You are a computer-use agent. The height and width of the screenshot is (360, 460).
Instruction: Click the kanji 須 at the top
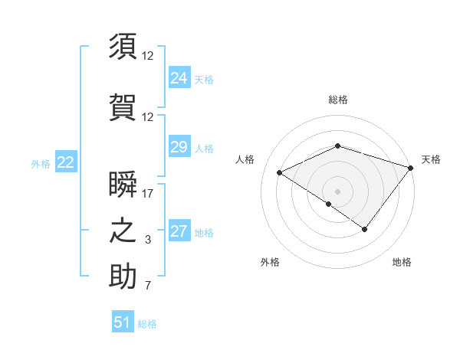(x=123, y=46)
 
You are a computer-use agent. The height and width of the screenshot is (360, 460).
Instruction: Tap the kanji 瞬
(x=123, y=184)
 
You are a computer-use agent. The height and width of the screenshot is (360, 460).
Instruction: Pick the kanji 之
(x=123, y=231)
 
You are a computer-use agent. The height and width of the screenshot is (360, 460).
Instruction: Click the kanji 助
(x=123, y=277)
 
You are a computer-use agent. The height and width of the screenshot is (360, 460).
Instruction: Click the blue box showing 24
(x=179, y=78)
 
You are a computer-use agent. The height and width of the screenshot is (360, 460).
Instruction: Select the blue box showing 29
(x=179, y=147)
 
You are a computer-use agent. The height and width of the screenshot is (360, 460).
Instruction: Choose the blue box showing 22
(x=65, y=162)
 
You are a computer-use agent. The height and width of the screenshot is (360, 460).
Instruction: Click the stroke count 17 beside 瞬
(x=148, y=194)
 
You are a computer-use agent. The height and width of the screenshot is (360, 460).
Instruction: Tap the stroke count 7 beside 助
(x=148, y=286)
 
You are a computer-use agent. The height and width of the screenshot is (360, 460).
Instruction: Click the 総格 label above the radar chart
(x=338, y=100)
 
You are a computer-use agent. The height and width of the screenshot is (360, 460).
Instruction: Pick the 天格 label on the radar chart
(x=431, y=159)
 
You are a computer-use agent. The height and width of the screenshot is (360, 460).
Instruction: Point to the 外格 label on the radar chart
(x=270, y=262)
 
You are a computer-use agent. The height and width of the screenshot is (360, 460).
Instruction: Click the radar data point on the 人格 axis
(x=280, y=172)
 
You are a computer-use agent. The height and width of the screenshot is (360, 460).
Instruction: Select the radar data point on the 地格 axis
(x=365, y=229)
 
